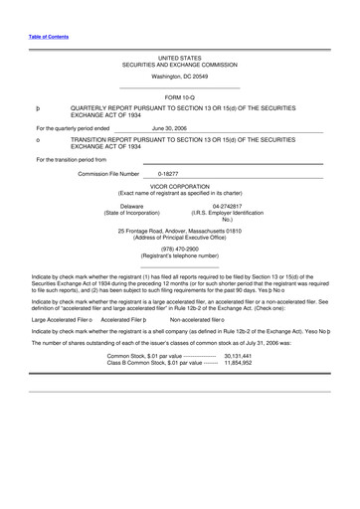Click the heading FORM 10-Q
click(x=179, y=95)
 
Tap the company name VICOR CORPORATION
click(x=179, y=185)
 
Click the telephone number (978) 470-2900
click(x=179, y=249)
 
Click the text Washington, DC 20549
click(x=179, y=76)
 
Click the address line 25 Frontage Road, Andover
click(x=179, y=231)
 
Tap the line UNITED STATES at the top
click(x=179, y=59)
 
